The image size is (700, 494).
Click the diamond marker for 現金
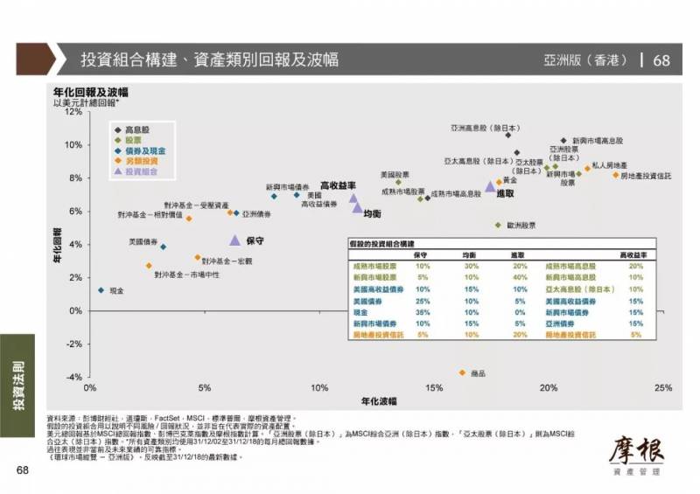pos(101,290)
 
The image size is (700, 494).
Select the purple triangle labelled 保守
pos(234,240)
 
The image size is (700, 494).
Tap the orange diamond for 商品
pos(462,372)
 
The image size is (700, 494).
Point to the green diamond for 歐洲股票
pos(498,225)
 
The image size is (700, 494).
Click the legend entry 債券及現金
pos(143,150)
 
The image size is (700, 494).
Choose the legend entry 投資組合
pos(143,172)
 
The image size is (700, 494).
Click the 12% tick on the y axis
pos(73,112)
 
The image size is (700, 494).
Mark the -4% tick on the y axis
pos(73,378)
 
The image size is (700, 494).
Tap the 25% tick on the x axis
pos(661,387)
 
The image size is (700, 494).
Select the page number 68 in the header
pos(661,60)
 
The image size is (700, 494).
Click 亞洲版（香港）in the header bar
pos(584,60)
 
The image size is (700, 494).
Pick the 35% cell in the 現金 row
pos(423,311)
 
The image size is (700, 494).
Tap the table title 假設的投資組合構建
pos(381,243)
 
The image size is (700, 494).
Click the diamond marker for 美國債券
pos(163,247)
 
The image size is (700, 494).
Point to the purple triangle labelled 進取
pos(490,185)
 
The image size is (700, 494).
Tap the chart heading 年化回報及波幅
pos(91,92)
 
